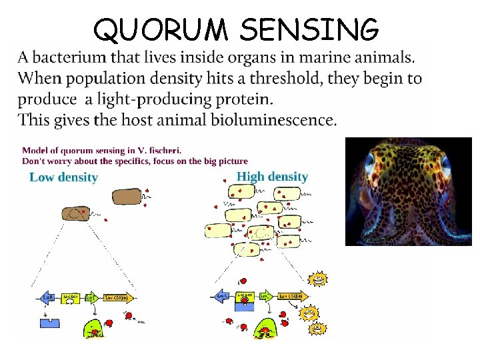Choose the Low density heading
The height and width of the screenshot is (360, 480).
[x=64, y=177]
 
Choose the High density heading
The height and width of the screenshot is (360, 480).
[x=272, y=177]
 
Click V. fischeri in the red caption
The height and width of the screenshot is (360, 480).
[x=159, y=151]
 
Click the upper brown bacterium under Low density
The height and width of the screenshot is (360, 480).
[x=126, y=196]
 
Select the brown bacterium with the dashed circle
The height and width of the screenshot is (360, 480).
[x=79, y=214]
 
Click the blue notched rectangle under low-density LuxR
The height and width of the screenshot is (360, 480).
[x=51, y=323]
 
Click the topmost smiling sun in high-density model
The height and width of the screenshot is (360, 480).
[x=318, y=279]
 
